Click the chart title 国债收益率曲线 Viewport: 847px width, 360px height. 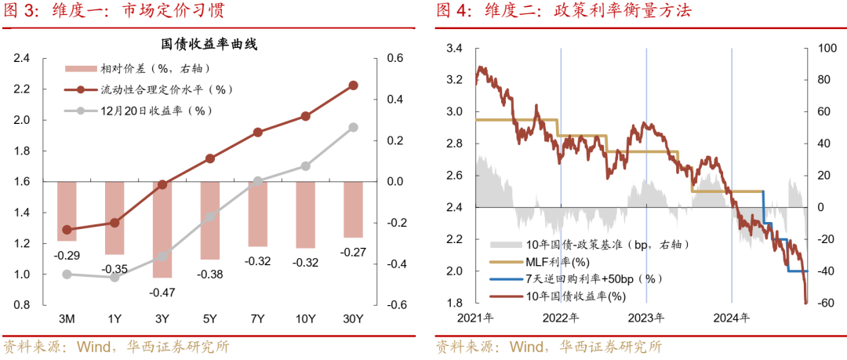(209, 45)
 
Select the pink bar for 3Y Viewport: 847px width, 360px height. (162, 229)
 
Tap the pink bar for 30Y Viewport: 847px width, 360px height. (353, 209)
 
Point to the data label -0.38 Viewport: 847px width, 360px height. (210, 274)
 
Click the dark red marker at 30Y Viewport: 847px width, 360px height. (353, 85)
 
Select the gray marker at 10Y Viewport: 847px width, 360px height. (305, 166)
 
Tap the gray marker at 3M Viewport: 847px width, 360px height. (67, 275)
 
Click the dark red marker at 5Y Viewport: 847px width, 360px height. (210, 158)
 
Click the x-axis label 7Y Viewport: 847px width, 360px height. (258, 318)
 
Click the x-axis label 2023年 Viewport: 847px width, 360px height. (646, 318)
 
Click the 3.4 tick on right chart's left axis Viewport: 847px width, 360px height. (454, 49)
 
